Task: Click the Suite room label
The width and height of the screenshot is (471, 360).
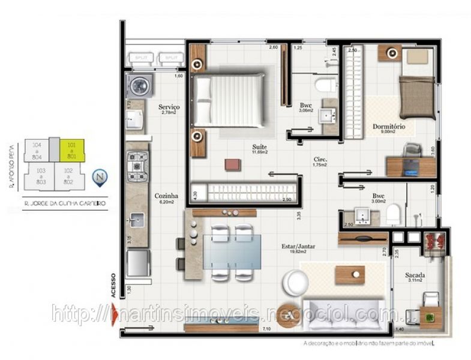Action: [260, 146]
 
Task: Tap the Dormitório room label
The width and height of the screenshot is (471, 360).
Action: [389, 127]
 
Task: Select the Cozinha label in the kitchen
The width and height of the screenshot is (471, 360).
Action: [166, 196]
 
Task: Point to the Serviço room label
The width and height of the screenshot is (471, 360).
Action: [170, 107]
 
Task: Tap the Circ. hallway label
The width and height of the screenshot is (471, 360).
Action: [320, 160]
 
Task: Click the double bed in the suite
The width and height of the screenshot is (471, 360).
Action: [229, 100]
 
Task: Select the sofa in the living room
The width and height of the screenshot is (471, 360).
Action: [344, 313]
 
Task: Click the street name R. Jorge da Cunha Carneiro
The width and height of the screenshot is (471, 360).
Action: [58, 204]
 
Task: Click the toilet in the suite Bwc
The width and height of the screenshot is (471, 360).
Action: [327, 85]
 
